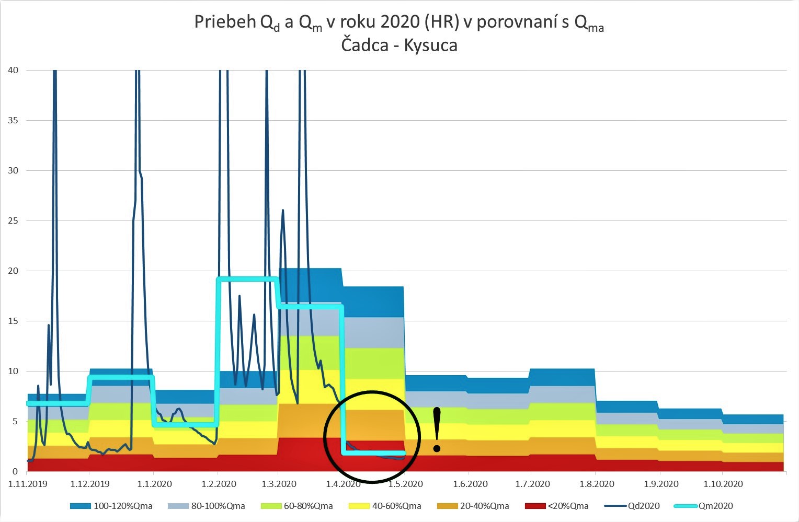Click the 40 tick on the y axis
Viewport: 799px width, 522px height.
13,70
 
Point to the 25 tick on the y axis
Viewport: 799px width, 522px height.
13,221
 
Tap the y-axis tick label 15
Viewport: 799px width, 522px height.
13,321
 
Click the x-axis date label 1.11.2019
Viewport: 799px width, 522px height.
28,484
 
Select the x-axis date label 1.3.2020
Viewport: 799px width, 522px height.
279,484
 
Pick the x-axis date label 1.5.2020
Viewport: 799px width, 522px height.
405,484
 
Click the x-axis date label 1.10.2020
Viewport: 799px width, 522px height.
723,484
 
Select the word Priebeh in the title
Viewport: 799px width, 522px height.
224,22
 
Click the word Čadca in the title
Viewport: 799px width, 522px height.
364,44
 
